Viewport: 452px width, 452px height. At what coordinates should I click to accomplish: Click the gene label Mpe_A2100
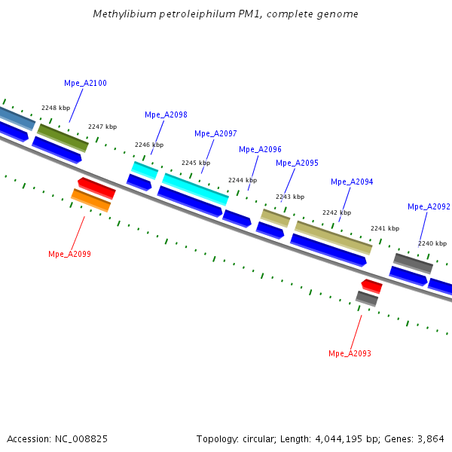tap(85, 83)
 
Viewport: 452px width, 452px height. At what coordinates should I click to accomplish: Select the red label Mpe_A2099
tap(69, 254)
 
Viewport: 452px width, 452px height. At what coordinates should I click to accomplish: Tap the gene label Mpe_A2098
tap(166, 115)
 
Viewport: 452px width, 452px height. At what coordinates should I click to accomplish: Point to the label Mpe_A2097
tap(215, 133)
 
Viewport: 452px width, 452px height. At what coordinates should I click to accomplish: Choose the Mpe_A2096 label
tap(260, 149)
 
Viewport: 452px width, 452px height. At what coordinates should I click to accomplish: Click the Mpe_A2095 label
tap(297, 163)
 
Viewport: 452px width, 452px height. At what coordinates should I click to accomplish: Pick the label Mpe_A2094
tap(352, 182)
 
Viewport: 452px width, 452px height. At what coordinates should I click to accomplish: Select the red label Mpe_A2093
tap(350, 353)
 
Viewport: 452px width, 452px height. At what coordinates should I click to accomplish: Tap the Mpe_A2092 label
tap(429, 206)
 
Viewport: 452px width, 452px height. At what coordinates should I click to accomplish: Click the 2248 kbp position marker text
tap(56, 108)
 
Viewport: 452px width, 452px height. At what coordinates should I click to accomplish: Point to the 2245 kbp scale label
tap(196, 163)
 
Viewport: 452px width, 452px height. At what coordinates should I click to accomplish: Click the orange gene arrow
tap(91, 200)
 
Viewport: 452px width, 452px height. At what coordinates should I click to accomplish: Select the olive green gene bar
tap(63, 138)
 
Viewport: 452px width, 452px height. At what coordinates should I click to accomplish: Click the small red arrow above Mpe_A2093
tap(372, 286)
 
